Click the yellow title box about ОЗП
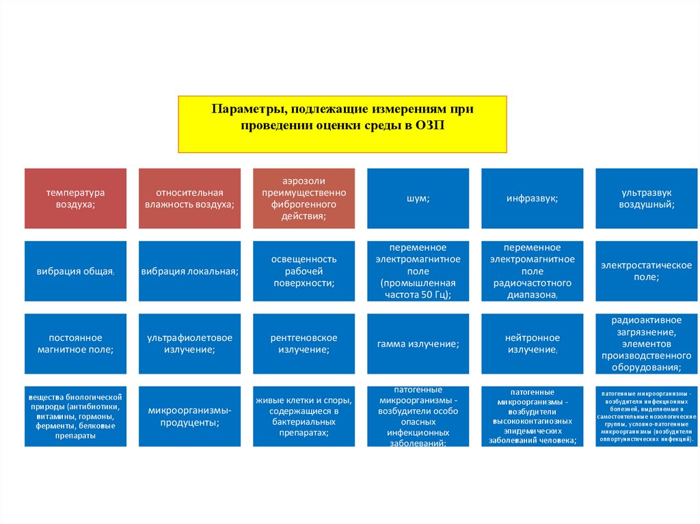[342, 124]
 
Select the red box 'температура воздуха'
[75, 198]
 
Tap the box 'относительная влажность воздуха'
[189, 198]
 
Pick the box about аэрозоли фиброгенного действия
[304, 198]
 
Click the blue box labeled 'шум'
[418, 198]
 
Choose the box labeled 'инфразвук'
[532, 198]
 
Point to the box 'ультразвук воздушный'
[647, 198]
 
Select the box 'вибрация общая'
[75, 271]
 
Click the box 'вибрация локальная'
[189, 271]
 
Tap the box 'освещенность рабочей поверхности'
[304, 271]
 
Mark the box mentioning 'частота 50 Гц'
[418, 271]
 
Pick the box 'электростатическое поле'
[647, 271]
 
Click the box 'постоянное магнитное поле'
[75, 344]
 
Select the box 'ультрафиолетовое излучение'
[189, 344]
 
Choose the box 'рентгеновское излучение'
[304, 344]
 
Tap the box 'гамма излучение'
[418, 344]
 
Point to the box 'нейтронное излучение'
[532, 344]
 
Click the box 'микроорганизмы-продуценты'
[189, 417]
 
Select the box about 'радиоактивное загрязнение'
[647, 344]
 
